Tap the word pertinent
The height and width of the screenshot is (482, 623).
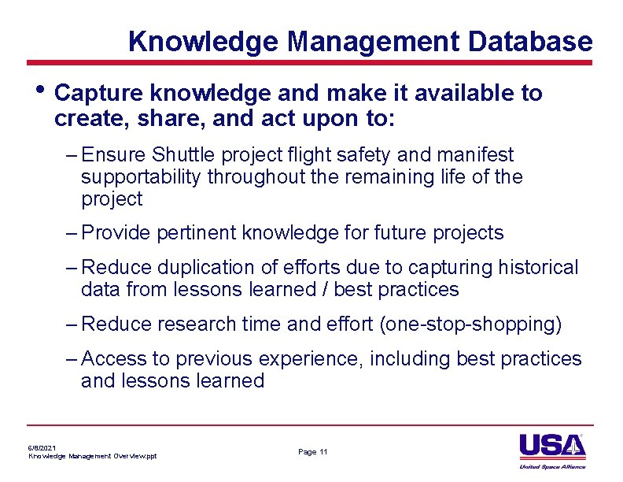pyautogui.click(x=190, y=233)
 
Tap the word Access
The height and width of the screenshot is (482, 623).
pyautogui.click(x=114, y=359)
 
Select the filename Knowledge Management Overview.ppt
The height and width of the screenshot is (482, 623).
pyautogui.click(x=93, y=456)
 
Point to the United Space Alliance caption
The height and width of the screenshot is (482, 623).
pyautogui.click(x=553, y=467)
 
